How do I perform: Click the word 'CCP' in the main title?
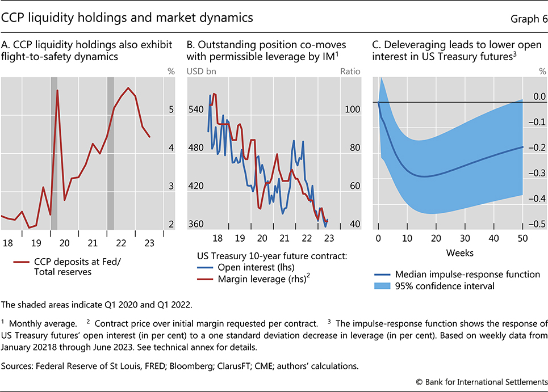click(17, 18)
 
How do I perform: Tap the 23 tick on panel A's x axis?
click(149, 243)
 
